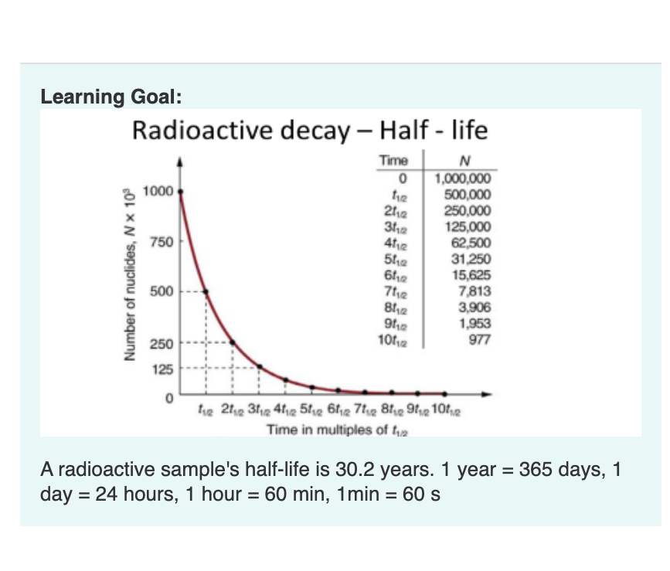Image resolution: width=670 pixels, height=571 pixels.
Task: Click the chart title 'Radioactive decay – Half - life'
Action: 310,131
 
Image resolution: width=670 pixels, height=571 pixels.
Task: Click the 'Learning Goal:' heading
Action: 111,97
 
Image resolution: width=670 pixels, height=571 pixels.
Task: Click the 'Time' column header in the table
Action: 393,161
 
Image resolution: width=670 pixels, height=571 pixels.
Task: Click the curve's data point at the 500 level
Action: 206,292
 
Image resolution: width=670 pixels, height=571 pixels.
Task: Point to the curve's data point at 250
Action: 233,342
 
